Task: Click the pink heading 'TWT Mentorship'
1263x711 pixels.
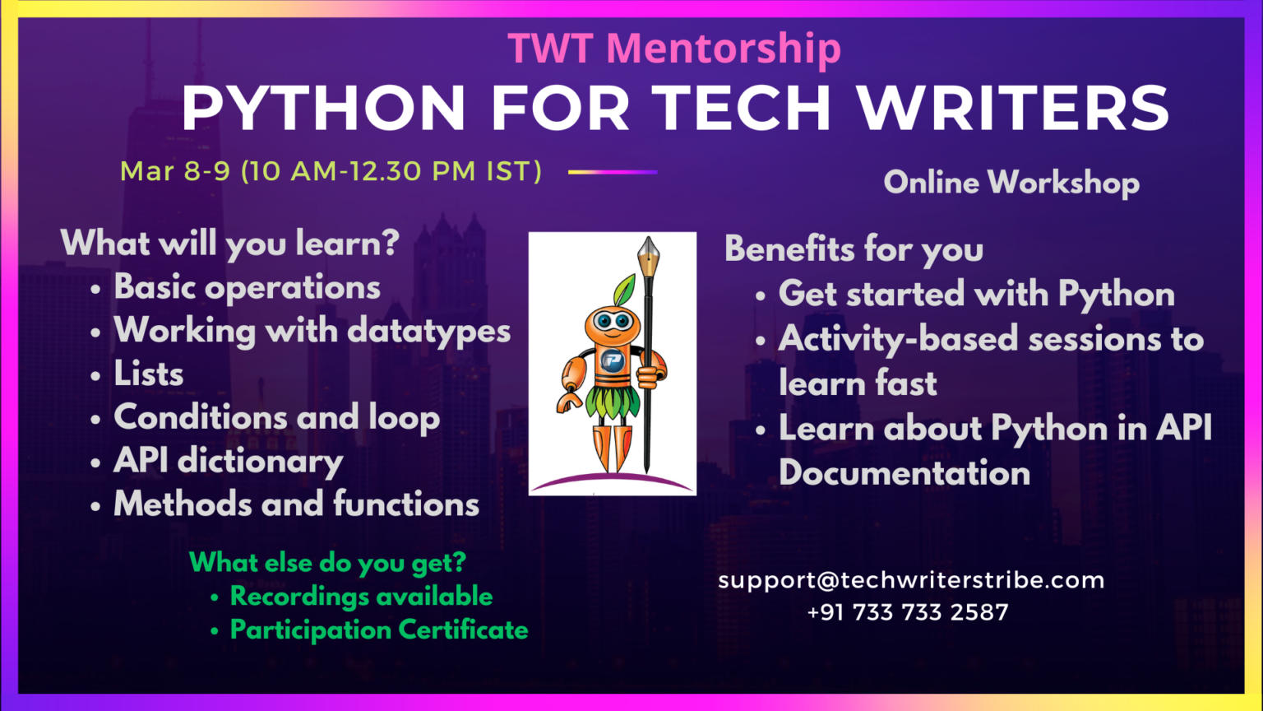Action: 674,49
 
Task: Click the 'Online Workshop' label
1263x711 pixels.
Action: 1011,182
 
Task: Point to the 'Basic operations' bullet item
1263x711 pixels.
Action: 247,287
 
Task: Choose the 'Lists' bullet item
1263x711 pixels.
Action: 149,374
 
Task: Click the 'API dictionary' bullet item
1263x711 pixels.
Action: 228,461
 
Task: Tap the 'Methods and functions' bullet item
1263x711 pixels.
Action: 296,504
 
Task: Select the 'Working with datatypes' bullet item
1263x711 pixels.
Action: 312,331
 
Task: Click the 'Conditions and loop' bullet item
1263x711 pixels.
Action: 276,417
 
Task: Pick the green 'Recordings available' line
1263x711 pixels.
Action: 361,596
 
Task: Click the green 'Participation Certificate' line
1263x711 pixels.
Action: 379,630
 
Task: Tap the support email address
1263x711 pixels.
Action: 911,580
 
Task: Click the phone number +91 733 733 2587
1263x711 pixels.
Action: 908,612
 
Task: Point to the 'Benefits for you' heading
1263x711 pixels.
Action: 854,249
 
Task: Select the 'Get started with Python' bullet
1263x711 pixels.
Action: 976,294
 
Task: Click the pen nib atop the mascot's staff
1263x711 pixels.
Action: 648,255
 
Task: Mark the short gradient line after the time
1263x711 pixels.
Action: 613,172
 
